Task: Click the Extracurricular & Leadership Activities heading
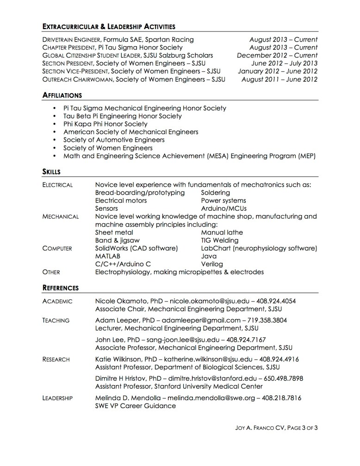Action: click(x=109, y=26)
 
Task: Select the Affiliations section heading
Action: click(x=62, y=95)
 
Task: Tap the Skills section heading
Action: click(x=51, y=172)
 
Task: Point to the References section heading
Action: click(x=61, y=288)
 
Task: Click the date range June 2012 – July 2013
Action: click(x=284, y=63)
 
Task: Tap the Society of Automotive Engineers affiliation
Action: click(x=114, y=139)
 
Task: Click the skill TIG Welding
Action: click(x=220, y=240)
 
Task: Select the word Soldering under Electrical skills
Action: click(x=215, y=192)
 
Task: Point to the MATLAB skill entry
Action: click(x=108, y=256)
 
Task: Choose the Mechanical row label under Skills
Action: click(x=60, y=216)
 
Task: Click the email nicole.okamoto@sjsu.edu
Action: click(x=206, y=301)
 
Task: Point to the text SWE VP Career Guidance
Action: click(x=135, y=406)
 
